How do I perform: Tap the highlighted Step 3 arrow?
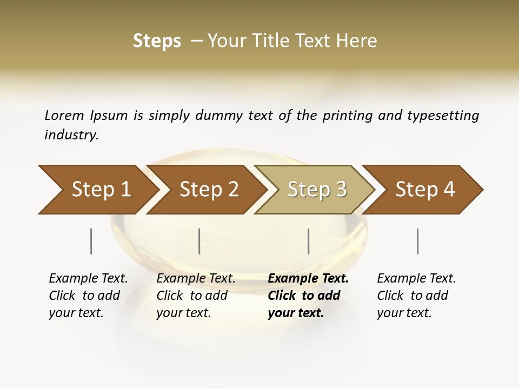pyautogui.click(x=316, y=190)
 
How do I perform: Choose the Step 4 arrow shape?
pyautogui.click(x=424, y=190)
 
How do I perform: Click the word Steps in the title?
pyautogui.click(x=157, y=41)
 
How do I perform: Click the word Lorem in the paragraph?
pyautogui.click(x=64, y=116)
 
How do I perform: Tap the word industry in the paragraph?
pyautogui.click(x=71, y=135)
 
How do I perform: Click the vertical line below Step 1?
pyautogui.click(x=91, y=241)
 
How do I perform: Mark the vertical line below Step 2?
pyautogui.click(x=199, y=241)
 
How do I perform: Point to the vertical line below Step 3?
pyautogui.click(x=309, y=241)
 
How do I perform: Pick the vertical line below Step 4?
pyautogui.click(x=418, y=241)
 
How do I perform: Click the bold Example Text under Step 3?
pyautogui.click(x=308, y=279)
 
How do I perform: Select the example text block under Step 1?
pyautogui.click(x=88, y=296)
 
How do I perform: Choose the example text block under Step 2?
pyautogui.click(x=196, y=296)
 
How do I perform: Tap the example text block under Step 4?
pyautogui.click(x=416, y=296)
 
